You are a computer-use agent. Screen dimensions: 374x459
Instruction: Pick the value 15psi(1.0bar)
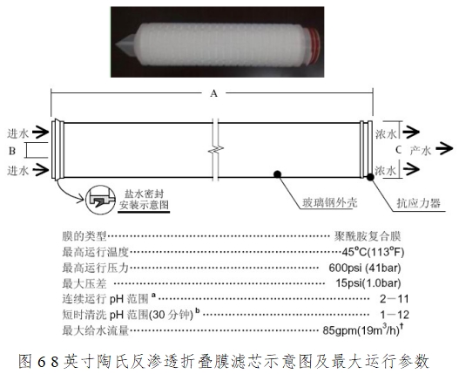click(368, 283)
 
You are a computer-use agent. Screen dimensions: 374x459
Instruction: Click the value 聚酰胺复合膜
click(368, 236)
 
